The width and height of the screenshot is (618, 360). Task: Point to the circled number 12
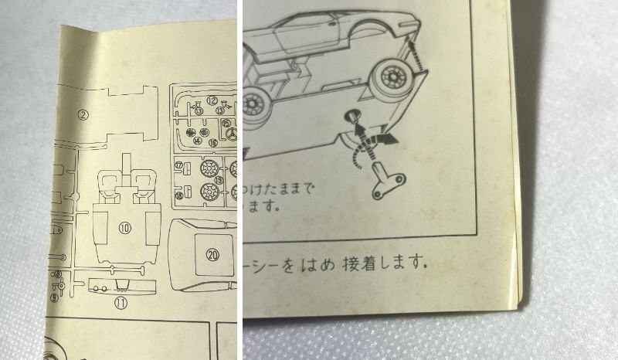[211, 100]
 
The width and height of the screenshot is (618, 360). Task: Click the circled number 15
[226, 123]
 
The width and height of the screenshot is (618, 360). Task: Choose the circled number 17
[178, 165]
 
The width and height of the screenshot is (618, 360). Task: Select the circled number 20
[213, 252]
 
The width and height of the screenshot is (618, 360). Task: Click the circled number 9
[53, 297]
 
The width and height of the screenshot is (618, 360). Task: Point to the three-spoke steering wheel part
[231, 139]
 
